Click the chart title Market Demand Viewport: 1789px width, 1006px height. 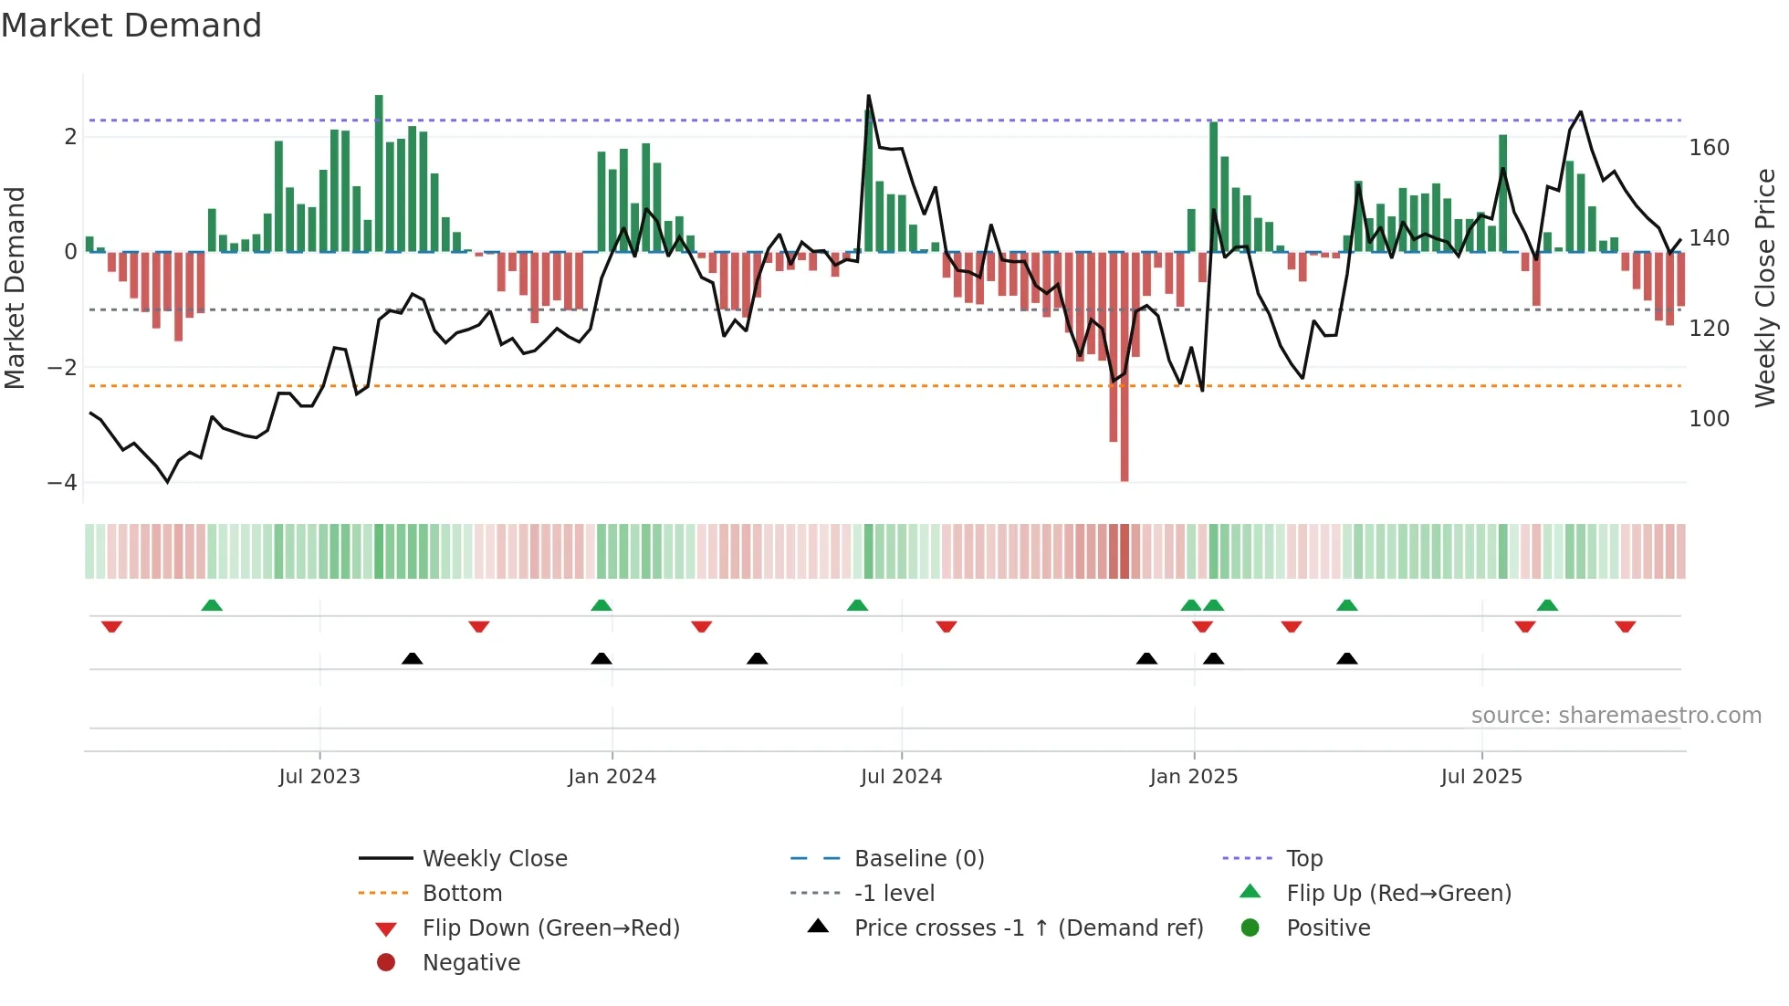131,26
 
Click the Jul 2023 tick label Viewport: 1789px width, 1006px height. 319,777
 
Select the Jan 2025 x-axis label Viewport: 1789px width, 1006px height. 1193,777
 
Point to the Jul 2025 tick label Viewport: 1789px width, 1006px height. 1481,777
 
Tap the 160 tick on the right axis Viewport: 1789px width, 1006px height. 1709,148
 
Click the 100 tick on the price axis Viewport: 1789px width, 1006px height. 1709,419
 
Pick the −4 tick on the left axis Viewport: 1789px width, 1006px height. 62,483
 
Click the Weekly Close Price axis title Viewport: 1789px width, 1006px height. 1765,288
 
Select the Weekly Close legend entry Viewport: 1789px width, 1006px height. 494,859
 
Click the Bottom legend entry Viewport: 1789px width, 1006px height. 462,894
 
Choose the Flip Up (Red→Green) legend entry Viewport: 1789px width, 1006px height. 1398,894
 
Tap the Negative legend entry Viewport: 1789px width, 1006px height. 471,963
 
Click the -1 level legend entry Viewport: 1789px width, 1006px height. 894,894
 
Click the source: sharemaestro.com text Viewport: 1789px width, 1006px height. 1616,716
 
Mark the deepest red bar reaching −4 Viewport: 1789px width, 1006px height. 1125,411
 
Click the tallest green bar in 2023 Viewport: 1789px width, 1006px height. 379,173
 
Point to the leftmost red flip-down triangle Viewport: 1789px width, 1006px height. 111,626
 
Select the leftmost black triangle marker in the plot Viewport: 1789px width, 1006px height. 412,658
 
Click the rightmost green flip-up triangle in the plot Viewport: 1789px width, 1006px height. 1547,605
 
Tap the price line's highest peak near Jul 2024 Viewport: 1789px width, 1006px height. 868,96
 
